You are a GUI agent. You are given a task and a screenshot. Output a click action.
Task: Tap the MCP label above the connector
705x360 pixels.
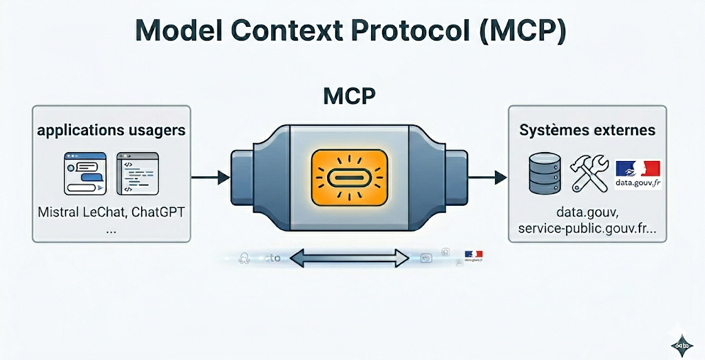point(349,96)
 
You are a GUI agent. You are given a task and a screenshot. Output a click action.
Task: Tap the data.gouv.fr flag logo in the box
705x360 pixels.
point(638,174)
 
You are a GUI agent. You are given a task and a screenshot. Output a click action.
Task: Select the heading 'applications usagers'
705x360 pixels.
point(111,130)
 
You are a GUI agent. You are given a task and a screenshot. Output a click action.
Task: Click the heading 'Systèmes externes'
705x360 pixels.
point(587,130)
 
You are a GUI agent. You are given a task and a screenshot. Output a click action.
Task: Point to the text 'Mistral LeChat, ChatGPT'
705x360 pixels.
point(111,212)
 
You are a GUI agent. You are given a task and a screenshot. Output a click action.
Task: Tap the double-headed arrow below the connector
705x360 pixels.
point(349,259)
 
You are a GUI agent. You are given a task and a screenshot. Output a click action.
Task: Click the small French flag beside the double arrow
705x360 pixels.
point(474,254)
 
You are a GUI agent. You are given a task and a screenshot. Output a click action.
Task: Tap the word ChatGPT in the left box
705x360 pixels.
point(157,212)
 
